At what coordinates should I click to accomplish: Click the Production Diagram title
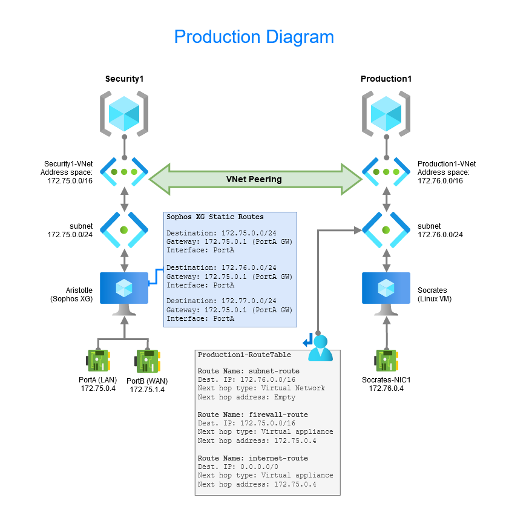coord(254,37)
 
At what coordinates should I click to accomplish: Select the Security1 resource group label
coord(125,79)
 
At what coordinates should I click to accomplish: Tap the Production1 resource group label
coord(387,79)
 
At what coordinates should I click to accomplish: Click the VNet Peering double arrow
coord(254,179)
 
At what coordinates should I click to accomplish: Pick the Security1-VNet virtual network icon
coord(124,172)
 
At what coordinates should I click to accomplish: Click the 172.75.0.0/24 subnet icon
coord(124,230)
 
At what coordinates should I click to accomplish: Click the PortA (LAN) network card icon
coord(97,361)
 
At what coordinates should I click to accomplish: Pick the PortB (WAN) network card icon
coord(147,361)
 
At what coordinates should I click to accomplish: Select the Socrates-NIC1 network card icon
coord(386,361)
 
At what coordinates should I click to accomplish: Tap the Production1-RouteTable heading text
coord(245,355)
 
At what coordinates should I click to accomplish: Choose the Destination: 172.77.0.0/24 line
coord(221,301)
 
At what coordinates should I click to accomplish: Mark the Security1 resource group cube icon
coord(124,113)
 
